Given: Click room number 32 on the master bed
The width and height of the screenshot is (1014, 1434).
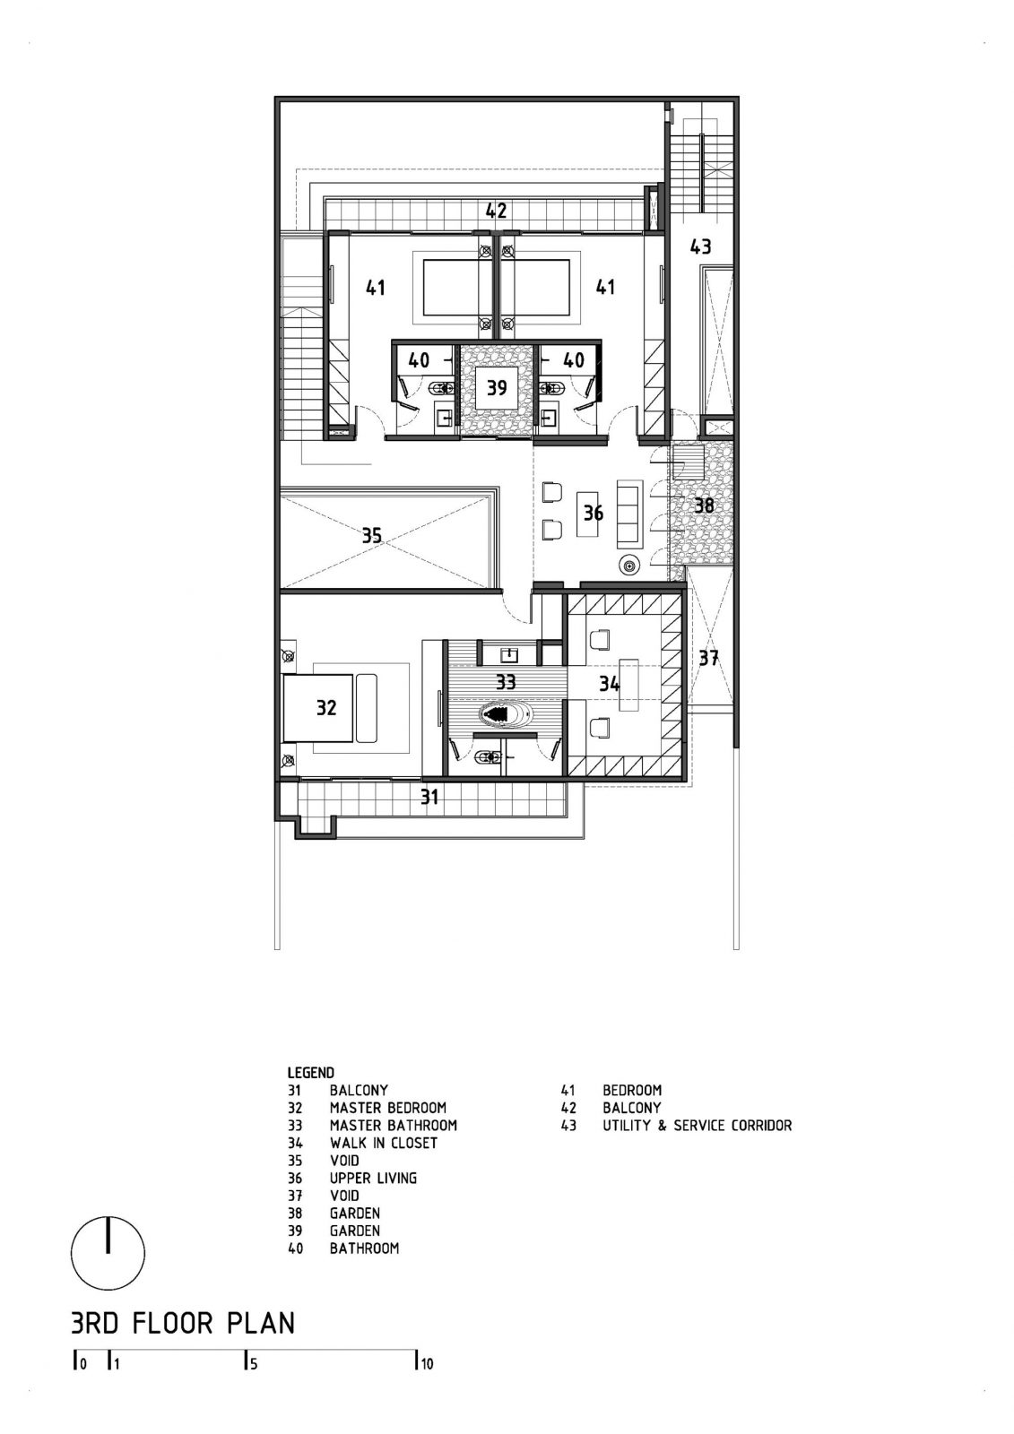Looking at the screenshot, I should (326, 707).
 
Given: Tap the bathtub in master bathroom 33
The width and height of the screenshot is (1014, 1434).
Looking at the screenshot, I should (507, 714).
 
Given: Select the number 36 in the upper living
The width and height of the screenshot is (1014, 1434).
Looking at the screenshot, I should (593, 514).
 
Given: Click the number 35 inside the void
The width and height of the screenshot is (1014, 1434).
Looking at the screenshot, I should (372, 536).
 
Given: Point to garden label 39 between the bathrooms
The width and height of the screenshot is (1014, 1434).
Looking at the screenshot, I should (497, 387).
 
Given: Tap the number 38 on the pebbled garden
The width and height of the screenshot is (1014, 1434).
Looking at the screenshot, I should (705, 505).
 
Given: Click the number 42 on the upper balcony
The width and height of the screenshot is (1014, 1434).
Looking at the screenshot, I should (497, 212).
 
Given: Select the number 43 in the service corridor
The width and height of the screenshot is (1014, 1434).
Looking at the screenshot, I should (700, 246).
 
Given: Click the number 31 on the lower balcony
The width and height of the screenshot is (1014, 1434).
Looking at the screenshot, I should (430, 796).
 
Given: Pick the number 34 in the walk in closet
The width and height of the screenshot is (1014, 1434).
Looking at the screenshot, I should (610, 685).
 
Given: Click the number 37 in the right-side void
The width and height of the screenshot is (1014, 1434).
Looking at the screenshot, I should (708, 658).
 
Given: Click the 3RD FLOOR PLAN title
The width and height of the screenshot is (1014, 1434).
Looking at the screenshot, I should (182, 1323).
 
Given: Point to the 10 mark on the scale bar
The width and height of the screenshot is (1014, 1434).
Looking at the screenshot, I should (425, 1365).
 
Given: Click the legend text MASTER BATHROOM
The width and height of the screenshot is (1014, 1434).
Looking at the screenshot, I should (393, 1125).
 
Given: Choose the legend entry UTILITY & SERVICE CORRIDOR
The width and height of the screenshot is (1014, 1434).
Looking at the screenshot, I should (697, 1125).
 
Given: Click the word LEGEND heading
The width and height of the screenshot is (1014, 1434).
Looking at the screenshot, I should (310, 1072).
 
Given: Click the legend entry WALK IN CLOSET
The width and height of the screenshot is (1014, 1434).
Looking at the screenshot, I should (383, 1143).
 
